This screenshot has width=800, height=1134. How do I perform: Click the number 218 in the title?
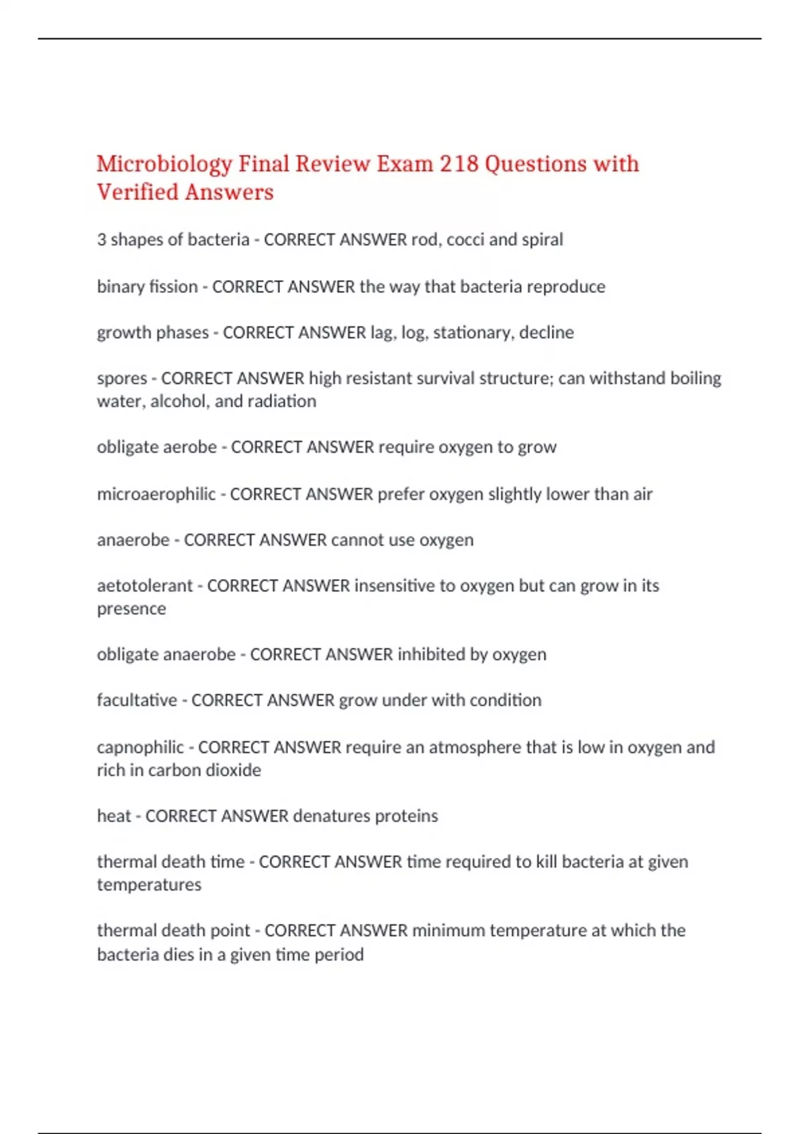[459, 164]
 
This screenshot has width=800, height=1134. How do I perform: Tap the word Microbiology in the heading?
[164, 164]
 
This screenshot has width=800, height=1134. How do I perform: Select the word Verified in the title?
[137, 193]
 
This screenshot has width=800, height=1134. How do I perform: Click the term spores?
[121, 378]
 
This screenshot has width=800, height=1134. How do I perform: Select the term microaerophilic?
[156, 494]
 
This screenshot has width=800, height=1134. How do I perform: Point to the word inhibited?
[431, 654]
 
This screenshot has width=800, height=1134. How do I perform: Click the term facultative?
[137, 700]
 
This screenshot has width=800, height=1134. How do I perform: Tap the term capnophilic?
[140, 747]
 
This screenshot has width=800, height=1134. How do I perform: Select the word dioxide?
[233, 770]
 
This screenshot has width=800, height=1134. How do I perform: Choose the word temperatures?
[149, 885]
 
